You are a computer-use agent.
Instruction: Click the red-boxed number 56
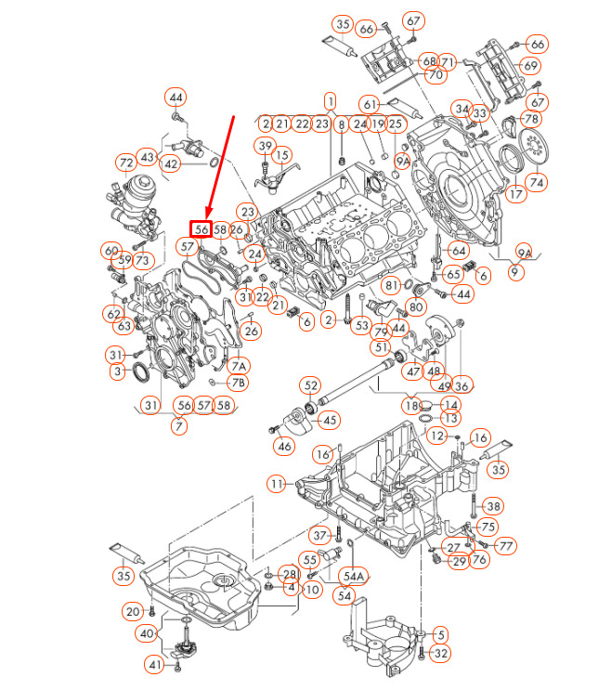(201, 229)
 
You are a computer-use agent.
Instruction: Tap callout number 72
(126, 163)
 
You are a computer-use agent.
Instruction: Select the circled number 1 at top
(330, 101)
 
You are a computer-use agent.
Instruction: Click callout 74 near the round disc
(537, 182)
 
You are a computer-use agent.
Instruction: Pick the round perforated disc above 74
(534, 145)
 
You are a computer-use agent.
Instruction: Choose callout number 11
(276, 484)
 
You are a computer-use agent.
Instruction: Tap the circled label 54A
(354, 576)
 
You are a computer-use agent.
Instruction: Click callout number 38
(493, 506)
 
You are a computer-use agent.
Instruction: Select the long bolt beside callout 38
(473, 505)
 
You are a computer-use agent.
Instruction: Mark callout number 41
(155, 664)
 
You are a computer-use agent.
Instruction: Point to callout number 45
(330, 421)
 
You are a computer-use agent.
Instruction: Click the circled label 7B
(238, 383)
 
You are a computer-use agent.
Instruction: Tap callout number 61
(370, 105)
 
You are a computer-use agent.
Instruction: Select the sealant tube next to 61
(405, 109)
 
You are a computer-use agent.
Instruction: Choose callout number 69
(530, 66)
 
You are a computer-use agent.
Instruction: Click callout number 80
(416, 306)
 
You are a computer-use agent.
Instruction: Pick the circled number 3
(117, 371)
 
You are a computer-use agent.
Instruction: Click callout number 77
(505, 546)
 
